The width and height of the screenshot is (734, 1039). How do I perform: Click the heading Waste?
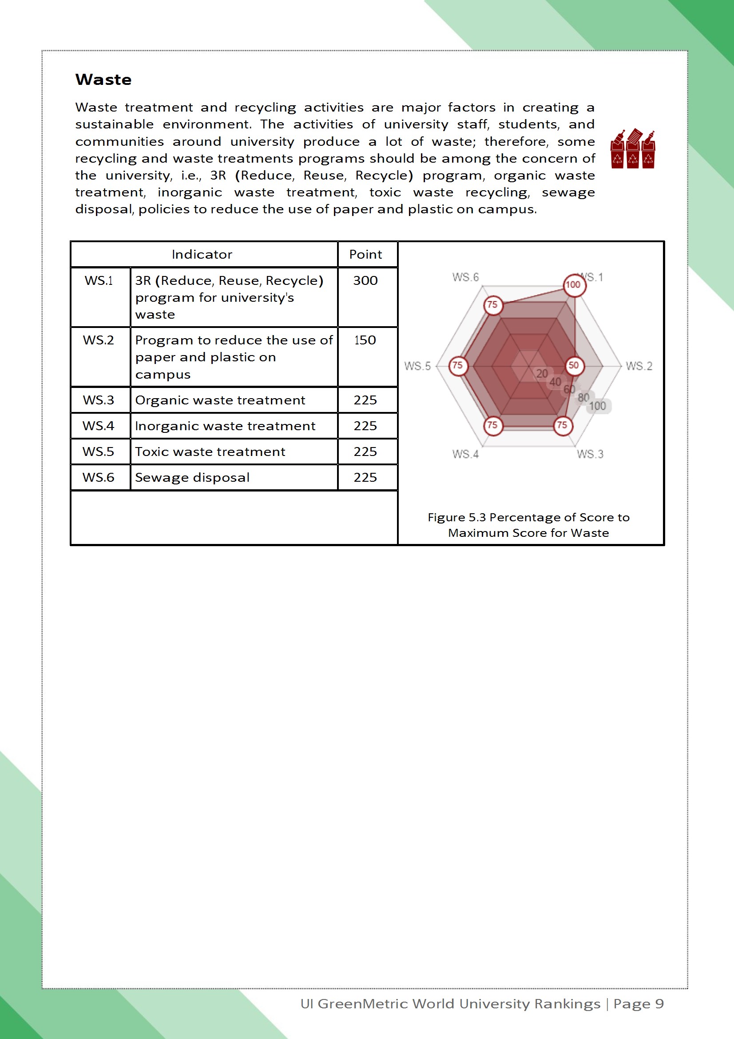pyautogui.click(x=103, y=80)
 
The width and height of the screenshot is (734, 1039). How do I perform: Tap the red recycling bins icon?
pyautogui.click(x=632, y=149)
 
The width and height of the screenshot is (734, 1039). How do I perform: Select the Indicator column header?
pyautogui.click(x=202, y=254)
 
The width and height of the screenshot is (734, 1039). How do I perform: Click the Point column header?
pyautogui.click(x=365, y=254)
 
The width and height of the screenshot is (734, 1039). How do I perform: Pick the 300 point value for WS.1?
pyautogui.click(x=365, y=280)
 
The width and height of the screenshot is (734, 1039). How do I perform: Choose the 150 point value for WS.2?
pyautogui.click(x=365, y=340)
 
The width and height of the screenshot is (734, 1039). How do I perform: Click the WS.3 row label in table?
pyautogui.click(x=98, y=400)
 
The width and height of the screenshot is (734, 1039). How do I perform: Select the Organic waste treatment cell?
pyautogui.click(x=220, y=400)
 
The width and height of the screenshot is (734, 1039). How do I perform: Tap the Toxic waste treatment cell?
pyautogui.click(x=210, y=452)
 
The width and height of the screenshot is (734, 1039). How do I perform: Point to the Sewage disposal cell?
pyautogui.click(x=192, y=477)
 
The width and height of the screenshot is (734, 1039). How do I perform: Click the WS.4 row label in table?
pyautogui.click(x=98, y=426)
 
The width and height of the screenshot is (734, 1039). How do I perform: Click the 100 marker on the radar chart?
pyautogui.click(x=574, y=285)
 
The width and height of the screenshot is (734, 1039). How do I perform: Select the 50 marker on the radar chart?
pyautogui.click(x=574, y=365)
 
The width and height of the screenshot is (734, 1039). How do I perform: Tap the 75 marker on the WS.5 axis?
pyautogui.click(x=458, y=365)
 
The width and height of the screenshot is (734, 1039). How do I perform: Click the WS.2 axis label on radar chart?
pyautogui.click(x=639, y=366)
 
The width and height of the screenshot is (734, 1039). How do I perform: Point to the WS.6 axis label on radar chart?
pyautogui.click(x=465, y=277)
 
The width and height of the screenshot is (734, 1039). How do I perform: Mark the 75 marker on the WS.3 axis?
pyautogui.click(x=563, y=425)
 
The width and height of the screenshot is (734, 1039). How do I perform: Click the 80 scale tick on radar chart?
pyautogui.click(x=583, y=397)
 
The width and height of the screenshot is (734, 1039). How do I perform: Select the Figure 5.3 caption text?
pyautogui.click(x=528, y=525)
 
